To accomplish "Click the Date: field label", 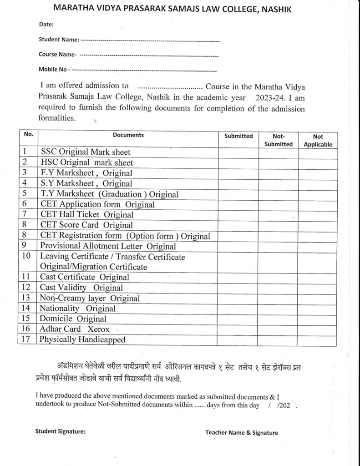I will point(46,24).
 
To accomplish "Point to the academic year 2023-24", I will point(270,97).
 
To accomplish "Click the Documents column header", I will point(128,135).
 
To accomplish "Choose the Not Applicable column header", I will point(318,140).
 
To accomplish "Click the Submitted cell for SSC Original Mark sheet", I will point(238,152).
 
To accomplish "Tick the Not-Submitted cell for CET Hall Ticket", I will point(279,215).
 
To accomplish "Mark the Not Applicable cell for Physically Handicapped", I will point(318,339).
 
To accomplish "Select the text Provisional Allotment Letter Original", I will point(108,247).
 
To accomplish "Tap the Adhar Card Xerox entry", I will point(72,329).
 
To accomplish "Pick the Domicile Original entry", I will point(73,319).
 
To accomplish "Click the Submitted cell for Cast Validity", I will point(238,288).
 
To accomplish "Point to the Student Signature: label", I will point(60,432).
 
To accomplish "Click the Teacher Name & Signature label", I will point(241,433).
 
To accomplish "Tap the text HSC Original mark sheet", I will point(87,163).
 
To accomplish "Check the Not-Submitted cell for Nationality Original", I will point(279,309).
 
